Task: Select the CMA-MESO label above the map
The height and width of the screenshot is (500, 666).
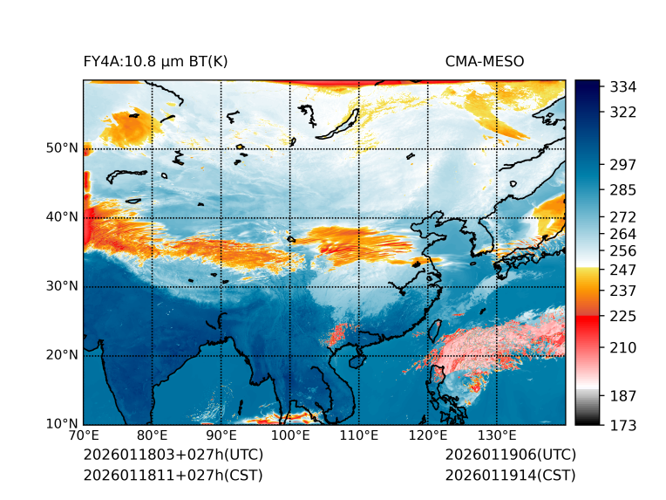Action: click(x=484, y=61)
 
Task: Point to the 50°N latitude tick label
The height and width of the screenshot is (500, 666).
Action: click(x=62, y=148)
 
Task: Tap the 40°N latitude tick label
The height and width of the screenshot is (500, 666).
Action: click(x=62, y=217)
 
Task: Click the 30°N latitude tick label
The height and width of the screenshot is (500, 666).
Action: click(x=62, y=286)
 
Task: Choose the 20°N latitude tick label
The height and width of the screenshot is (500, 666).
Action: click(x=62, y=355)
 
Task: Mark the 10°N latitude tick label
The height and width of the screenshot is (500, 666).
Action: click(x=62, y=424)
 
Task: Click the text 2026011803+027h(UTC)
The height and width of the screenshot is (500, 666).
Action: click(x=173, y=455)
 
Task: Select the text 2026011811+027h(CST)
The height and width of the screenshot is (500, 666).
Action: click(x=173, y=475)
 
